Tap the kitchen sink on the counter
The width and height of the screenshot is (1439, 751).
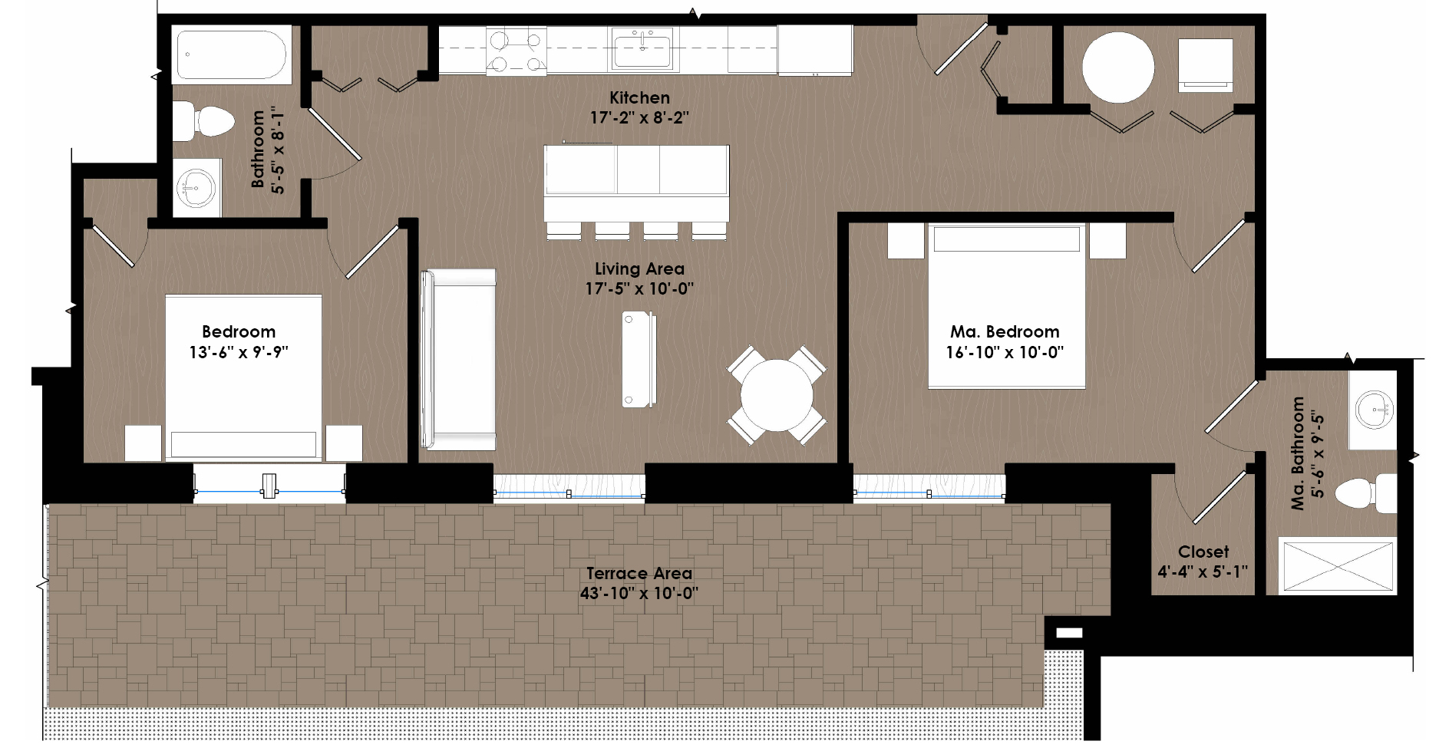642,49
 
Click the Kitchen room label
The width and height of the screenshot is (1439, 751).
639,97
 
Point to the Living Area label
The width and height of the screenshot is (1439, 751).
639,268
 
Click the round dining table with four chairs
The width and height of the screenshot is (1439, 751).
777,396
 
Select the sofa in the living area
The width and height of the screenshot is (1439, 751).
458,359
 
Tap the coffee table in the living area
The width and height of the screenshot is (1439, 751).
639,358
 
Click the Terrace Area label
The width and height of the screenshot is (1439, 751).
639,573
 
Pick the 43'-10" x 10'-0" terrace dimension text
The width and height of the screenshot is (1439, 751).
639,593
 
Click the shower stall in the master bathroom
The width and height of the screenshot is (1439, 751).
1336,567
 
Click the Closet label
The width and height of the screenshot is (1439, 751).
1203,552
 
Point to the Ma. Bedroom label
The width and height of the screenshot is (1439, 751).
1005,331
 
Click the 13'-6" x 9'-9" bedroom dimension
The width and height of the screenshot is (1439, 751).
239,352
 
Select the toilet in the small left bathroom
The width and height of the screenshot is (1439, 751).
203,121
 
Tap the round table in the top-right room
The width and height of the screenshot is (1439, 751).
1118,67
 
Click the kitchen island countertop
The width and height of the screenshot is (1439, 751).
636,183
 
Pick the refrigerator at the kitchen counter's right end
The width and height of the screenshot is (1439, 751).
815,50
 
